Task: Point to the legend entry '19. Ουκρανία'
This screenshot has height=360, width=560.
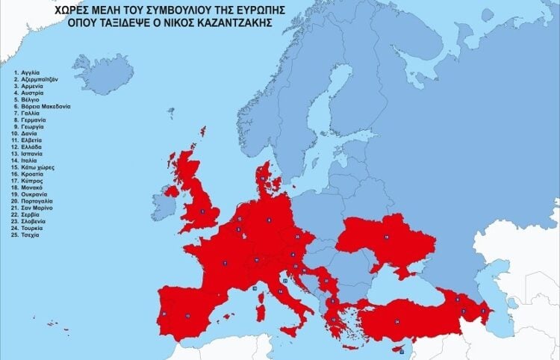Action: [33, 196]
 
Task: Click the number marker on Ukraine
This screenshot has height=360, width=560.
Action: [387, 237]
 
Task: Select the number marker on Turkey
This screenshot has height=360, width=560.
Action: [397, 321]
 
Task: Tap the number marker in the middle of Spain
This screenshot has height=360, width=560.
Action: [187, 317]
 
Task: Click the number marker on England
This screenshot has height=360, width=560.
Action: [202, 211]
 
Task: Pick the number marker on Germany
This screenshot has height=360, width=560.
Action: [269, 220]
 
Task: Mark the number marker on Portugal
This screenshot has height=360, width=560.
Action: [164, 314]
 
